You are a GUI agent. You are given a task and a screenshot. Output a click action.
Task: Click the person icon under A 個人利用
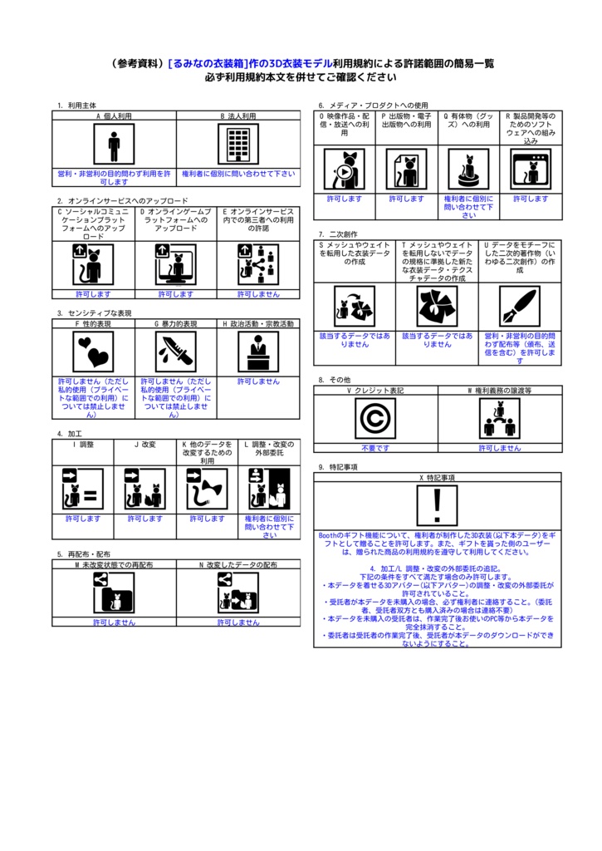tap(114, 145)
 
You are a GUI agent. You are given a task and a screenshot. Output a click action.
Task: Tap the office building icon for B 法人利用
tap(238, 145)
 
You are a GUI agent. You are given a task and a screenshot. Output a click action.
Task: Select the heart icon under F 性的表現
tap(93, 352)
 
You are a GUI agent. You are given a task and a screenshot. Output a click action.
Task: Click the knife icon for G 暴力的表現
tap(175, 352)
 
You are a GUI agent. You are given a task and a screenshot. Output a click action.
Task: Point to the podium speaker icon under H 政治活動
tap(258, 352)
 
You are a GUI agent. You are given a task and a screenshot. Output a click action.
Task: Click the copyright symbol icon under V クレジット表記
tap(375, 418)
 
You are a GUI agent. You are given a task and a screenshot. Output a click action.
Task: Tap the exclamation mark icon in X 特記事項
tap(437, 507)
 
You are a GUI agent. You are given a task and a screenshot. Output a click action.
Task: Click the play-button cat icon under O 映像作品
tap(344, 170)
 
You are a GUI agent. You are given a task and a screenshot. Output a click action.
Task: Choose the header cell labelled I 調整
tap(83, 445)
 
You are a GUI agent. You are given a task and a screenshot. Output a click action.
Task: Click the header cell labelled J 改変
tap(144, 445)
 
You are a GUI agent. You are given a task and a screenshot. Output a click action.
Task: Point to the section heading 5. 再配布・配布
tap(83, 553)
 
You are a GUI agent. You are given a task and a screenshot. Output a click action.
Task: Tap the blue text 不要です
tap(375, 448)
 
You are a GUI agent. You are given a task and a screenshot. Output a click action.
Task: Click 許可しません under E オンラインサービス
tap(258, 294)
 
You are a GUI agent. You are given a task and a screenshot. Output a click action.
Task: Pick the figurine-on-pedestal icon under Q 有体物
tap(468, 170)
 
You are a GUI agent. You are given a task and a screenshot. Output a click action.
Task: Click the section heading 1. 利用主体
tap(76, 106)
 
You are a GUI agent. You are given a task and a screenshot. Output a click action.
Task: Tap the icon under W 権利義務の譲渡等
tap(499, 418)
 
